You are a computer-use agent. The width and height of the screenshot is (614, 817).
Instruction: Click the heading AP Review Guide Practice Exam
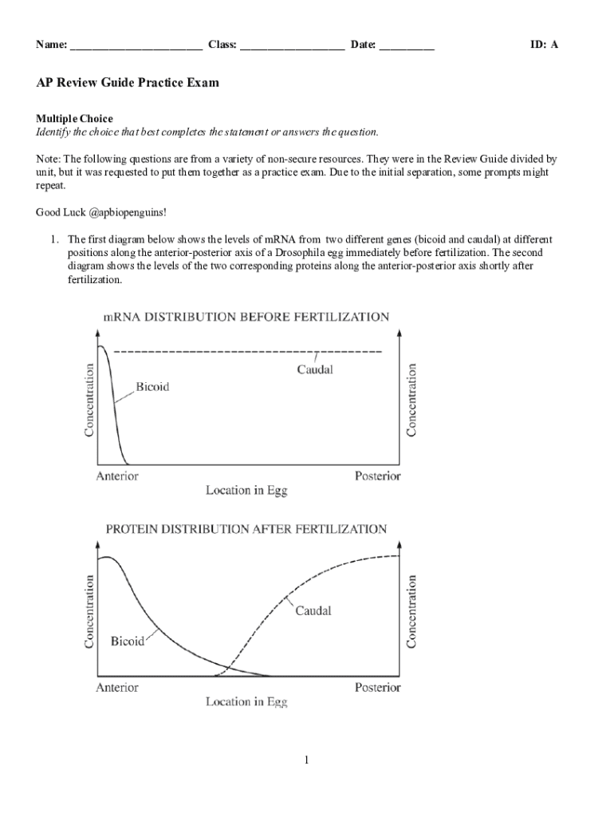(128, 82)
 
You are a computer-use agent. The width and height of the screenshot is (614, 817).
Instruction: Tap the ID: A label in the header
(544, 45)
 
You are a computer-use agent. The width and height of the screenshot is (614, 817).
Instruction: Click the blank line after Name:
(136, 46)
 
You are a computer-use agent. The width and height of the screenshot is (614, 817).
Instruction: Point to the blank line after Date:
(407, 46)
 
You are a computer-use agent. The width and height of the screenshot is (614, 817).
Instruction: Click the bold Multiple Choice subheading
(74, 119)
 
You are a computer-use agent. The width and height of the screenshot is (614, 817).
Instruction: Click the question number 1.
(55, 239)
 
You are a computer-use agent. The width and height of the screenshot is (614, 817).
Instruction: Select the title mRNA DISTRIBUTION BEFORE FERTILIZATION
(246, 317)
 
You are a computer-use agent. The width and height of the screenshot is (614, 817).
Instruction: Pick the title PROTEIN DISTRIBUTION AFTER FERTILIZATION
(246, 529)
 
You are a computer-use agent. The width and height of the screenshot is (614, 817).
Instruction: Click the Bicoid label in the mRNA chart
(152, 387)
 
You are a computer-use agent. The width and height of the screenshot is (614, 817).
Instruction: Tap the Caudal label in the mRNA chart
(315, 369)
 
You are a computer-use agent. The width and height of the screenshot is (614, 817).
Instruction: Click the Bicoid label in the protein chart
(128, 641)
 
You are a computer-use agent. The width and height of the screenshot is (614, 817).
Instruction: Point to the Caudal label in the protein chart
(313, 611)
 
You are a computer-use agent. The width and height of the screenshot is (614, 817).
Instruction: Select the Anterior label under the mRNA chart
(117, 476)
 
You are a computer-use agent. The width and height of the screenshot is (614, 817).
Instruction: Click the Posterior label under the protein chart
(377, 687)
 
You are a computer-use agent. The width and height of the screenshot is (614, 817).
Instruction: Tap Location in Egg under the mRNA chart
(246, 490)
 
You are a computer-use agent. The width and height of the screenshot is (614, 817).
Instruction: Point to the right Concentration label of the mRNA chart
(412, 401)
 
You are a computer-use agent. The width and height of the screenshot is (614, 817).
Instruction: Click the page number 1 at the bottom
(306, 760)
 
